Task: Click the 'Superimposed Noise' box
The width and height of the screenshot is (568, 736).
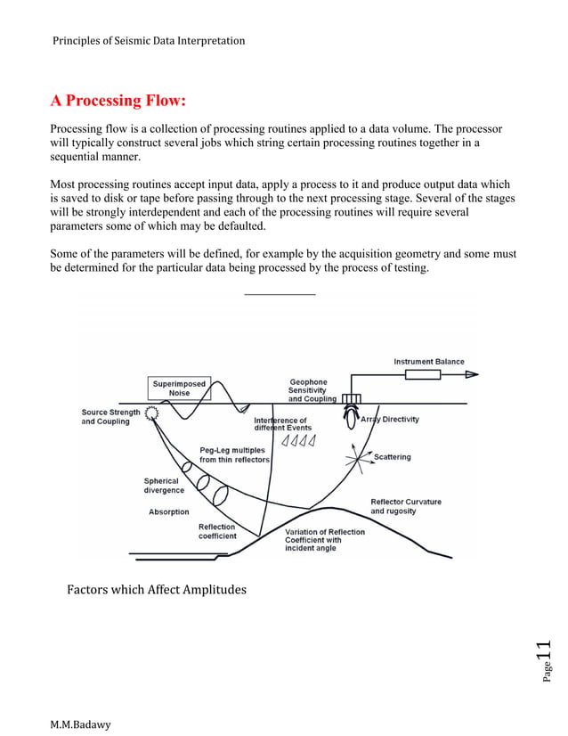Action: click(x=179, y=388)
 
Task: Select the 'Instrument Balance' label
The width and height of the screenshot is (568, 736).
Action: click(x=429, y=362)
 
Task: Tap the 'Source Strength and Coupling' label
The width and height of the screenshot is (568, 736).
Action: click(x=110, y=417)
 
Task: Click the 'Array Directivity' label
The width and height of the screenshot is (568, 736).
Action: click(x=389, y=419)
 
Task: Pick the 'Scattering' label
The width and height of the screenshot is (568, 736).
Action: click(x=392, y=457)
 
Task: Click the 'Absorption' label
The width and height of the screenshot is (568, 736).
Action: click(x=168, y=512)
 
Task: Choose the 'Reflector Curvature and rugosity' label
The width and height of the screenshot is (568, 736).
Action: click(x=405, y=506)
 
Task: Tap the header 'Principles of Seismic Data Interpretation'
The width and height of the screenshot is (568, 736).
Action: click(x=149, y=40)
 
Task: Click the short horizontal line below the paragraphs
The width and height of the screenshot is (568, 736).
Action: click(x=280, y=294)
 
